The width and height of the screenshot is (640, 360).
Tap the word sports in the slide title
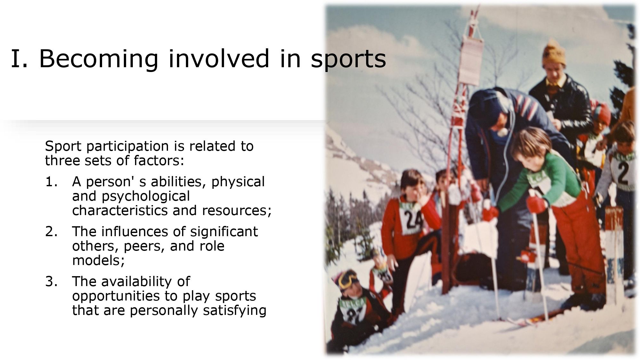click(348, 59)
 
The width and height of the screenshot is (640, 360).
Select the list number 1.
click(52, 182)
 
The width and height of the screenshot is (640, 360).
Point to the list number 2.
click(52, 232)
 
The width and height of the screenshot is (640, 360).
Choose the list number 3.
click(52, 282)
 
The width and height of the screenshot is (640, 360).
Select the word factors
click(159, 160)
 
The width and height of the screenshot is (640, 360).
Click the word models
click(98, 260)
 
